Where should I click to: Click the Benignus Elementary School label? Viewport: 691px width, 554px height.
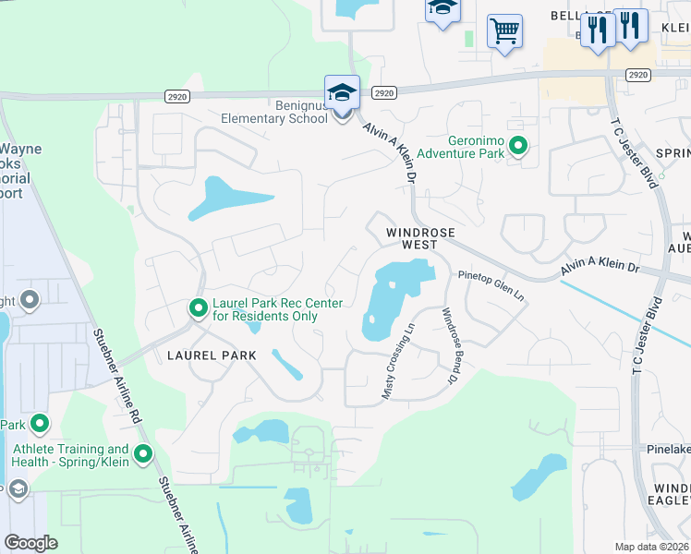(273, 112)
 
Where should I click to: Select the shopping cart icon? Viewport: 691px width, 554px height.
(504, 32)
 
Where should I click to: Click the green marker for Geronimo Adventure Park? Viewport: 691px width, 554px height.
(518, 146)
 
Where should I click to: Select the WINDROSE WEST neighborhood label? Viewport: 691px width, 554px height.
(406, 238)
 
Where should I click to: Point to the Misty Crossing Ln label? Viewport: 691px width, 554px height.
(398, 360)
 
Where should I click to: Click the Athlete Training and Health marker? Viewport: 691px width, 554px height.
(143, 454)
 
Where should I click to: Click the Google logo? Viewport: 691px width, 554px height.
(31, 542)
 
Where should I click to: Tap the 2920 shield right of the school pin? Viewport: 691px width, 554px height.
(385, 92)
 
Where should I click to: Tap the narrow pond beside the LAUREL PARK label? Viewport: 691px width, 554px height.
(286, 364)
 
